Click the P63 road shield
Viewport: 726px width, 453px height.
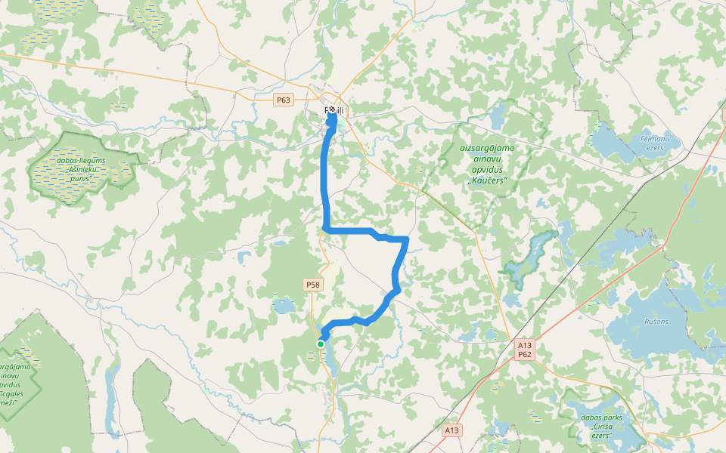point(284,100)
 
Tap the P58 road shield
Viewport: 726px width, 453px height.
point(313,285)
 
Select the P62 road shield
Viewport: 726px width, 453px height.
point(525,354)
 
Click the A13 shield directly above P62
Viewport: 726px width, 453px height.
point(525,345)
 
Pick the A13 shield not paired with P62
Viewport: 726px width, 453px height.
point(451,430)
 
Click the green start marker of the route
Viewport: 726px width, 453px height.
point(321,344)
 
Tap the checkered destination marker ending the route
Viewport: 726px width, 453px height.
point(332,110)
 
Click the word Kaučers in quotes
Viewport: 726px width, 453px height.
point(486,180)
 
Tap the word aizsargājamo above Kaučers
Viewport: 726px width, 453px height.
point(487,148)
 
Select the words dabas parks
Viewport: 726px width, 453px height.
point(603,417)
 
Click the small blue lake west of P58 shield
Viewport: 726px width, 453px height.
point(284,306)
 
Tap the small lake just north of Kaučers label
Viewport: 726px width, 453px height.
point(498,117)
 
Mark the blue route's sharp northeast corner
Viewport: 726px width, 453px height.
point(407,239)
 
